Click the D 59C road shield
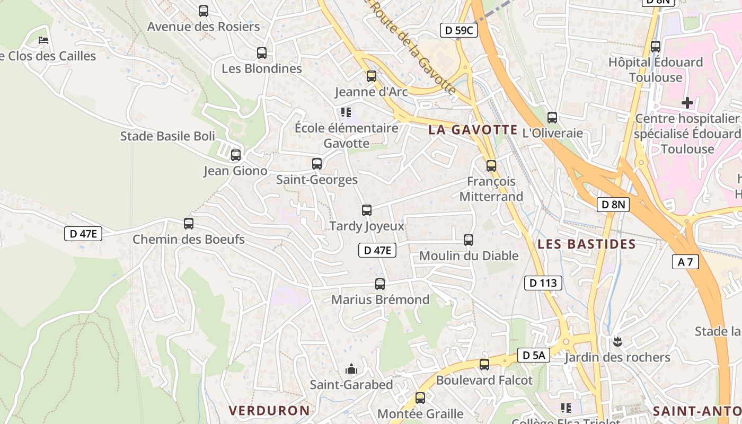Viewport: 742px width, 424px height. click(458, 31)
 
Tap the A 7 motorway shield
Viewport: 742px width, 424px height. click(685, 261)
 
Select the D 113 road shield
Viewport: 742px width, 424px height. click(543, 283)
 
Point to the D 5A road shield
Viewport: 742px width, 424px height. click(533, 356)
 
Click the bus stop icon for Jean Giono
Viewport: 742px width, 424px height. click(236, 155)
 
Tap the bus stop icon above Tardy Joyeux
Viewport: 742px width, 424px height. click(367, 210)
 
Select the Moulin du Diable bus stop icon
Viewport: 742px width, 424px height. click(469, 240)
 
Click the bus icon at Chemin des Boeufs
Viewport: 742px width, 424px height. click(189, 224)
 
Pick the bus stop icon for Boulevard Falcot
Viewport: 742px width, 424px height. click(484, 365)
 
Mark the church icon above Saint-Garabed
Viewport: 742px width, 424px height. click(351, 369)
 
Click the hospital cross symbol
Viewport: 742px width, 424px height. click(687, 102)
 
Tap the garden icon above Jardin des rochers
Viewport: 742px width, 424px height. click(617, 341)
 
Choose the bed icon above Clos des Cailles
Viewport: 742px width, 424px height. click(43, 40)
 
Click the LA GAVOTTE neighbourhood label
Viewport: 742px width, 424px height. click(473, 130)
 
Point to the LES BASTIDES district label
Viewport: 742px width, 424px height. click(586, 244)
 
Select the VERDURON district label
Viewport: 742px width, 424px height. click(269, 410)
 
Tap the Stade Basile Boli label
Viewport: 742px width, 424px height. click(167, 136)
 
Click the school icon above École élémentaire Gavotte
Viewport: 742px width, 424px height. click(346, 112)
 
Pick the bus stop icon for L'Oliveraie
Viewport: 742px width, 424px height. click(552, 118)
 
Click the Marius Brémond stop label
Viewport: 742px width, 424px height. click(380, 300)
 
